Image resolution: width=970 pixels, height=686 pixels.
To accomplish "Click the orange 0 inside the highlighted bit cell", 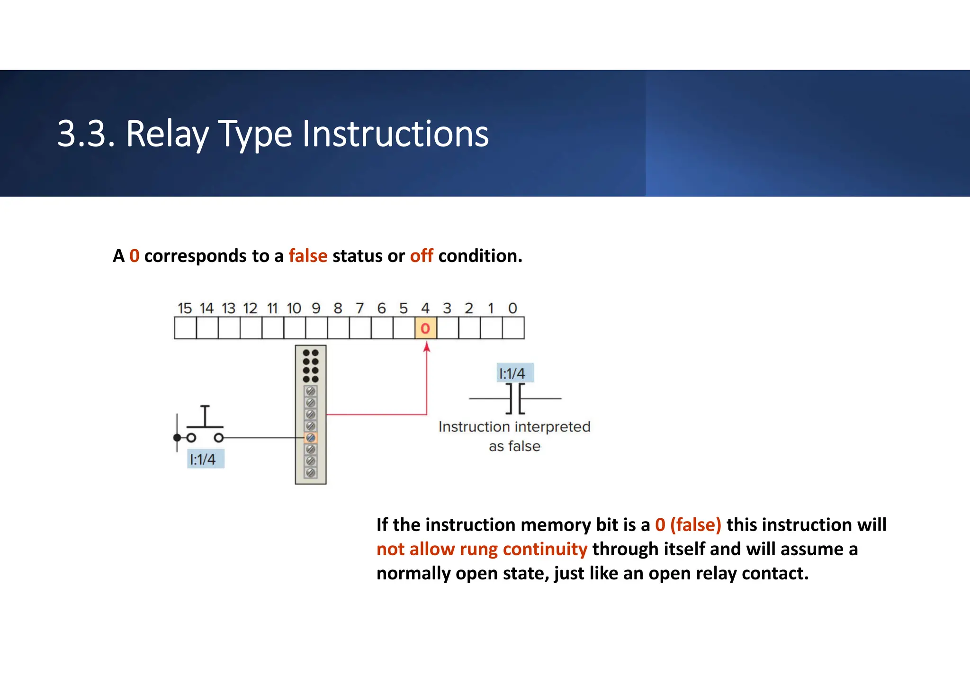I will (425, 328).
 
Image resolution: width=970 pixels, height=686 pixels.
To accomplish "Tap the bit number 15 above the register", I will (184, 308).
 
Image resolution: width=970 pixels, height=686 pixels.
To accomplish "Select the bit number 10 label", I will (294, 308).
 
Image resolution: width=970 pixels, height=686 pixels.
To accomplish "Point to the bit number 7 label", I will (359, 308).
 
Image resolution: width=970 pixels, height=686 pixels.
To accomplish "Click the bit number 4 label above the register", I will (425, 308).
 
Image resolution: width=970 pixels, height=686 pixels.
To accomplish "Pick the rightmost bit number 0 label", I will (512, 308).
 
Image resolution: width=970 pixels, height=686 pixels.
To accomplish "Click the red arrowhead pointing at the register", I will (427, 347).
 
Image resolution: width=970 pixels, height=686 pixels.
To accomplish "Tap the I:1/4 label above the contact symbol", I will (514, 373).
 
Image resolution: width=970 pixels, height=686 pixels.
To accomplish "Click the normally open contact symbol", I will (515, 399).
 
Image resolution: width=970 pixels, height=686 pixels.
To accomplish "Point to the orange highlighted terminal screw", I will (311, 438).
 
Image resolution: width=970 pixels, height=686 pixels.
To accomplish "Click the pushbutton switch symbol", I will (205, 426).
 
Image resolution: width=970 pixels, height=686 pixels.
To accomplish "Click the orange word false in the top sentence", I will (308, 256).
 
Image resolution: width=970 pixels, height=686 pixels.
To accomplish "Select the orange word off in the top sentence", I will (421, 256).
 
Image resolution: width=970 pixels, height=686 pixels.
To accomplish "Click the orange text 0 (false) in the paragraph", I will (688, 525).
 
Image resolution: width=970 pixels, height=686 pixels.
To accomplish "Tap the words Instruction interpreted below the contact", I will (514, 427).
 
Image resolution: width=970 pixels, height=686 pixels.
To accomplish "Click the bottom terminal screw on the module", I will (311, 472).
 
